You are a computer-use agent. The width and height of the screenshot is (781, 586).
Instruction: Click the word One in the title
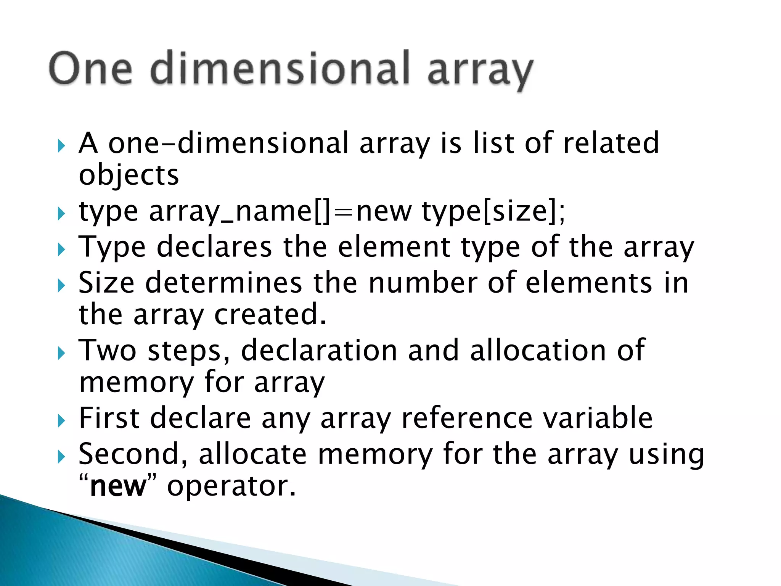91,69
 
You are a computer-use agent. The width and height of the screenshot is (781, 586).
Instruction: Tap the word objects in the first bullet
129,175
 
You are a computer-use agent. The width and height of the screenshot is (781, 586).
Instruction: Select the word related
611,143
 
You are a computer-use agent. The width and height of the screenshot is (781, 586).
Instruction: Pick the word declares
214,247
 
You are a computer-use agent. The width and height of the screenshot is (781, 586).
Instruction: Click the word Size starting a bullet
106,283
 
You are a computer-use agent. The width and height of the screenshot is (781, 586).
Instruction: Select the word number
423,283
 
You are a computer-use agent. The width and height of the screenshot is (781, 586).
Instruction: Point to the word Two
107,350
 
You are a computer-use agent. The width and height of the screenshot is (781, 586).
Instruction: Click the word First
109,418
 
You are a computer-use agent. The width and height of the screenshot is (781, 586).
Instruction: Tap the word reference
467,418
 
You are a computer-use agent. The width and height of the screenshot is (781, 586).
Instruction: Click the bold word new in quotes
118,486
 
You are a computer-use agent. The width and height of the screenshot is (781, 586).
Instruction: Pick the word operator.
231,486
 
